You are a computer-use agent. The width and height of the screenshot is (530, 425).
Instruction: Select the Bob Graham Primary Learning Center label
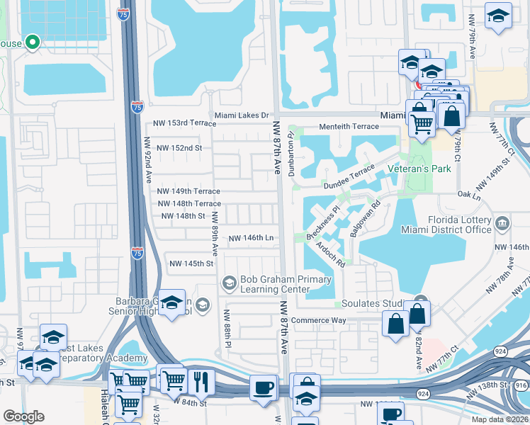point(275,284)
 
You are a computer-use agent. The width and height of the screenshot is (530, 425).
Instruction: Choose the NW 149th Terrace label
point(188,191)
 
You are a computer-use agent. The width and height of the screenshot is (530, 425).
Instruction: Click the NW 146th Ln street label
point(251,239)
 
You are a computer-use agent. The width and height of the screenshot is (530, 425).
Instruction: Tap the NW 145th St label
point(191,263)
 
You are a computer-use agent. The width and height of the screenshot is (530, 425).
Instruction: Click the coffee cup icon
point(264,387)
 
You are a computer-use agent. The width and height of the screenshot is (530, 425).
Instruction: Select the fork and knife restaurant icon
point(201,382)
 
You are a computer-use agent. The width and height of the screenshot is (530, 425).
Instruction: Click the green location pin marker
point(32,42)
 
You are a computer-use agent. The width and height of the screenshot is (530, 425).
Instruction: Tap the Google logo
point(24,416)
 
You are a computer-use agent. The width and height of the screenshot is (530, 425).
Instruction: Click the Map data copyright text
point(500,419)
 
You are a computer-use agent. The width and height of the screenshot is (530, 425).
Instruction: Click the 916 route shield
point(521,385)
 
